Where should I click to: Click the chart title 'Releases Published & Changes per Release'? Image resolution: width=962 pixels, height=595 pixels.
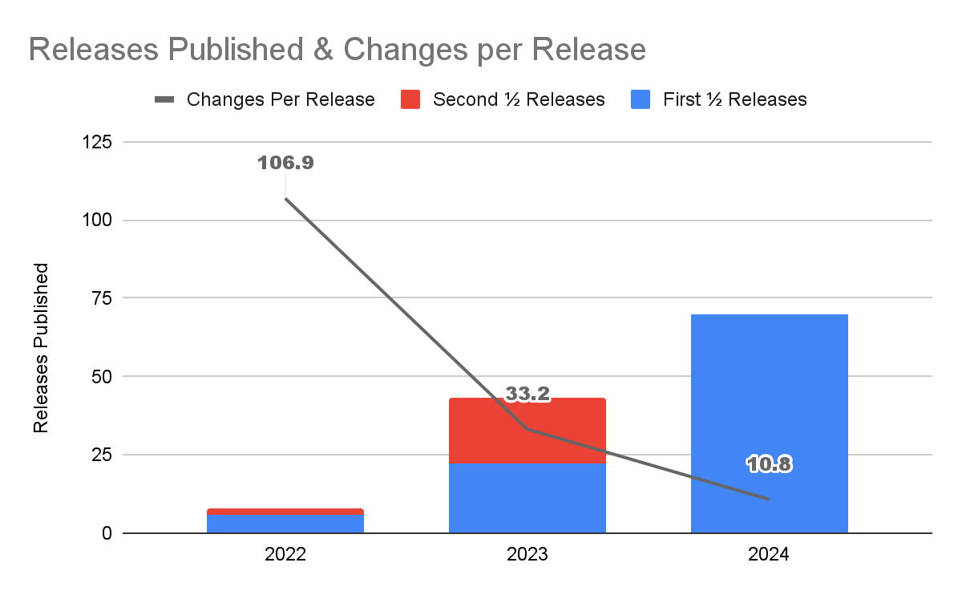point(337,50)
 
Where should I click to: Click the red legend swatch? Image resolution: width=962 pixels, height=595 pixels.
point(410,99)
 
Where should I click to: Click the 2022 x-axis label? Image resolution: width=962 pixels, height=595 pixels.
point(285,554)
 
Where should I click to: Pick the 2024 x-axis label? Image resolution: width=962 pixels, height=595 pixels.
point(769,554)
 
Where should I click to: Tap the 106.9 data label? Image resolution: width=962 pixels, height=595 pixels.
point(285,163)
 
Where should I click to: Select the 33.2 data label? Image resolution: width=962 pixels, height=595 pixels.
point(527,394)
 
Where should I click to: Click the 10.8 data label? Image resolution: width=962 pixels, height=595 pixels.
point(769,463)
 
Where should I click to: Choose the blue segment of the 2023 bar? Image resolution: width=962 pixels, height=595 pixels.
point(527,498)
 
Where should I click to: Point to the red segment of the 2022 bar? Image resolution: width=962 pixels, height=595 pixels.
point(285,511)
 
